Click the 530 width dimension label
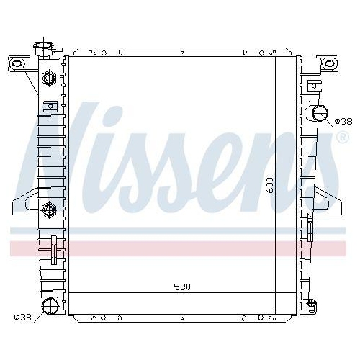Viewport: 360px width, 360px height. click(182, 287)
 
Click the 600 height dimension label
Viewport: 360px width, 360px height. click(270, 185)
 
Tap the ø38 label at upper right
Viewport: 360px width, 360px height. click(343, 122)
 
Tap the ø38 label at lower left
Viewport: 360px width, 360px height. click(23, 318)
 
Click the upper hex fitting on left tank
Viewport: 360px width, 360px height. click(49, 78)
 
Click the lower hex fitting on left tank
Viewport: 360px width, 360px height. click(49, 210)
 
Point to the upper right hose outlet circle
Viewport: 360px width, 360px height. click(320, 113)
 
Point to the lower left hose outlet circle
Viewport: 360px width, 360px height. click(50, 305)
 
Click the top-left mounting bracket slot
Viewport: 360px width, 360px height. click(17, 63)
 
